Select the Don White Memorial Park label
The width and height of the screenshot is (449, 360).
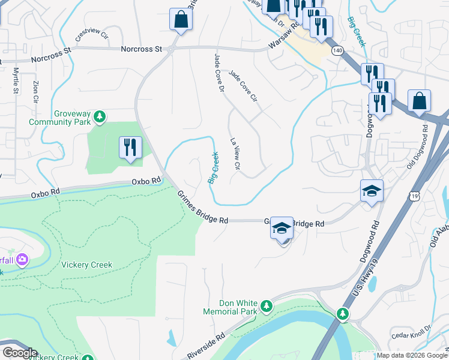click(x=230, y=307)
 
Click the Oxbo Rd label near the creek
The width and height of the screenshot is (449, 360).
click(x=146, y=181)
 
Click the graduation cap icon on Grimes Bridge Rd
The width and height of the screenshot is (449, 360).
click(x=282, y=229)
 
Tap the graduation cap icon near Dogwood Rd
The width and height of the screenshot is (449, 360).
click(x=372, y=191)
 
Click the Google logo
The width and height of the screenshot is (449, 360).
click(x=19, y=353)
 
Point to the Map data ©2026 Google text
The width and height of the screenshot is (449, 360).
click(x=412, y=355)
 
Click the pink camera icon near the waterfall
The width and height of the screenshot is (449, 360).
click(x=22, y=259)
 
